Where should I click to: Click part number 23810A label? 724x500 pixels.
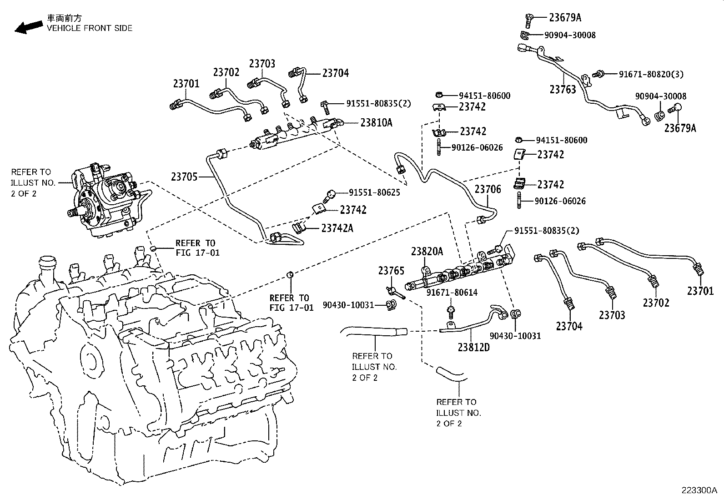coord(376,122)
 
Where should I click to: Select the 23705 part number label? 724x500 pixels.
coord(184,177)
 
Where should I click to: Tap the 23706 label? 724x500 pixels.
coord(488,189)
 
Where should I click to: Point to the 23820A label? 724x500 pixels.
coord(427,252)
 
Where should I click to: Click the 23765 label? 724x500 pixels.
coord(391,271)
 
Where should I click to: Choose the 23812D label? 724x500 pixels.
coord(473,347)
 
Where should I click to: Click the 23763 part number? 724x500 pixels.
coord(563,89)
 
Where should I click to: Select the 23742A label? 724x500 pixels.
coord(337,228)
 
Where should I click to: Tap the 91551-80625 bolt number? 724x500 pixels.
coord(374,192)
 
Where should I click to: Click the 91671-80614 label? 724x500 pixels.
coord(452,293)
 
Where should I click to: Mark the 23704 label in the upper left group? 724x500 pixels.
coord(336,73)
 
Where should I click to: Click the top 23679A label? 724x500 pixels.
coord(565,18)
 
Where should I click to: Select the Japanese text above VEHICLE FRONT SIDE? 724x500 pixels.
coord(65,18)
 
